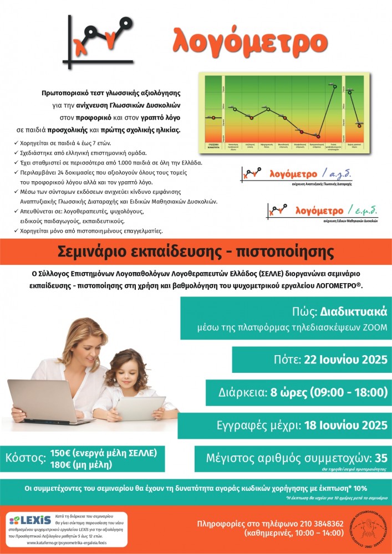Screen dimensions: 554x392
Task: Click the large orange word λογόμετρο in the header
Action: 250,40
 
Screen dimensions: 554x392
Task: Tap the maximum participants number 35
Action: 380,458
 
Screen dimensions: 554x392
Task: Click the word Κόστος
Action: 26,458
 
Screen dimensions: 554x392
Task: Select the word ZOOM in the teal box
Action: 365,327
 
